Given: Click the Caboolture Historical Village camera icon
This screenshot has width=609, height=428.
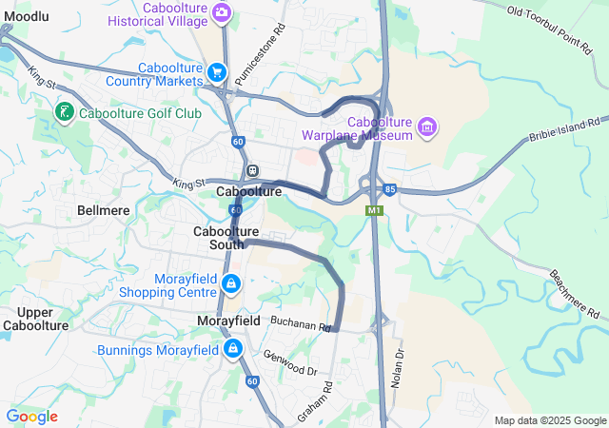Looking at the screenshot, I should click(x=222, y=11).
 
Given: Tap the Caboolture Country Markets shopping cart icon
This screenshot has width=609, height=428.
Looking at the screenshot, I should click(x=218, y=72).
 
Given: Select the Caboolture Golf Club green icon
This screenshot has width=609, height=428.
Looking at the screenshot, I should click(x=64, y=113).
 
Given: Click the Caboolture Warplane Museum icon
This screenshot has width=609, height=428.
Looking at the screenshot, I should click(x=427, y=126).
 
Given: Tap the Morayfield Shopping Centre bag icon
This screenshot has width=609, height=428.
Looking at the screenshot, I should click(x=231, y=283).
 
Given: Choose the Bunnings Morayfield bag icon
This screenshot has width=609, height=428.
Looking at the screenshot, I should click(x=232, y=350).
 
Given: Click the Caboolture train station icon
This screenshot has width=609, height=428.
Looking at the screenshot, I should click(x=253, y=171).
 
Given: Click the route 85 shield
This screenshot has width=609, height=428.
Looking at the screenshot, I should click(x=391, y=188).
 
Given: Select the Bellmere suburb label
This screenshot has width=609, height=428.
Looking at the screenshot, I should click(x=104, y=209).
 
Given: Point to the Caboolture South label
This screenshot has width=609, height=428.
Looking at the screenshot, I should click(x=226, y=238).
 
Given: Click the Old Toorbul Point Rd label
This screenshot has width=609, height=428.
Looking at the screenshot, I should click(x=556, y=24).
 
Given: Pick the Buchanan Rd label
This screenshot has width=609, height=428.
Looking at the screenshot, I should click(x=300, y=323).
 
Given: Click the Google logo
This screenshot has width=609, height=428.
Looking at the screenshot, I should click(x=31, y=417).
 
